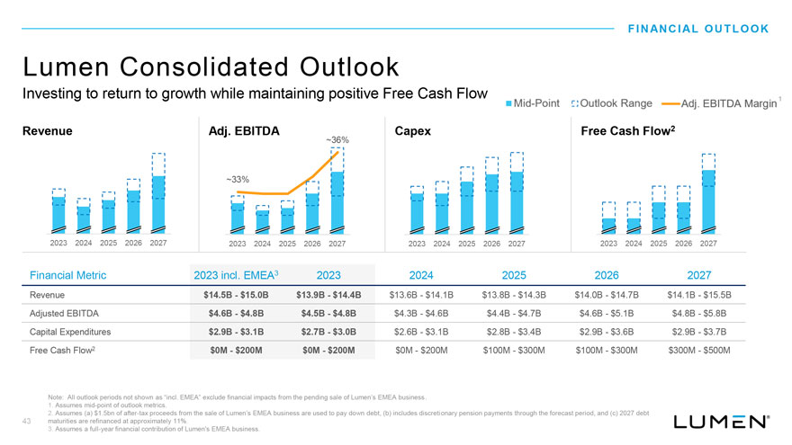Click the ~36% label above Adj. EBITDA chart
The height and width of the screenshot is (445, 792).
(x=337, y=140)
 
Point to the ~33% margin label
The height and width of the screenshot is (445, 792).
(x=238, y=180)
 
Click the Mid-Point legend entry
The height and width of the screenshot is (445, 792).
(x=536, y=105)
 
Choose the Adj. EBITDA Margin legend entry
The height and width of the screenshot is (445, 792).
(x=720, y=105)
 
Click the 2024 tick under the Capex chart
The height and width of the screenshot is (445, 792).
(x=442, y=244)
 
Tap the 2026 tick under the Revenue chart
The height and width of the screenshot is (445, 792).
(x=133, y=244)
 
